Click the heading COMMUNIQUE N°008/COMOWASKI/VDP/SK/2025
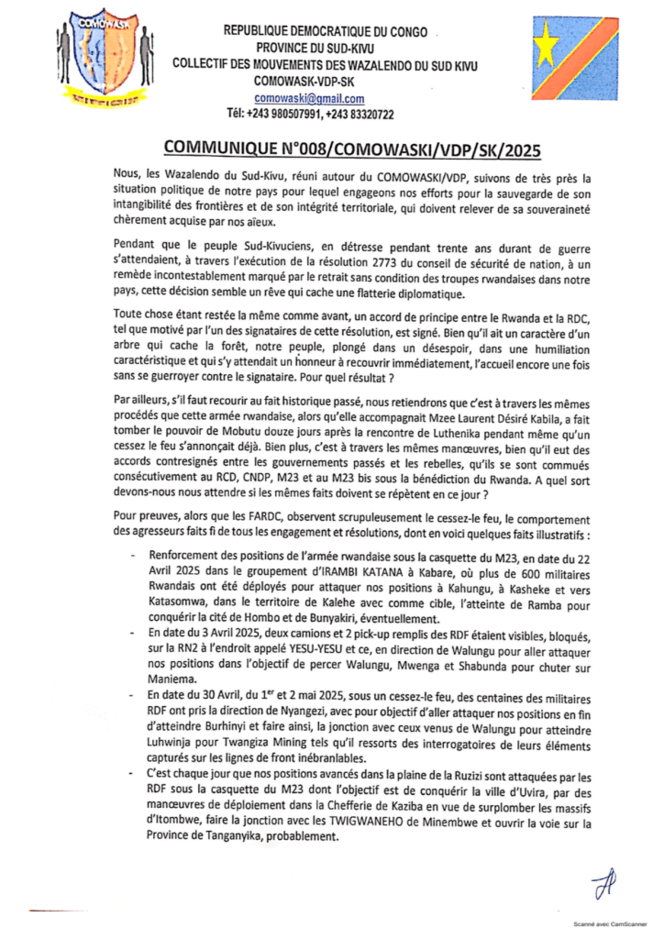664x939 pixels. click(331, 149)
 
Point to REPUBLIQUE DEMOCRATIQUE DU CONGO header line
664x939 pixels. click(326, 31)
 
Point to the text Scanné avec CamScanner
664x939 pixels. click(606, 928)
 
